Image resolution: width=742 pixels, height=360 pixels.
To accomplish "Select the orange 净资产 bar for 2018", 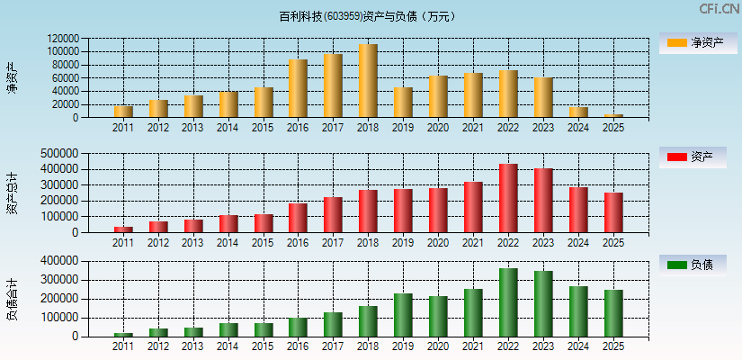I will click(x=368, y=81).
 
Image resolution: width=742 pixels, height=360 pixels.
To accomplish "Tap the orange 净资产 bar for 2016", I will click(x=298, y=88).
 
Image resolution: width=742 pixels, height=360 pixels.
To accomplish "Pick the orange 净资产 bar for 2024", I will click(x=578, y=112).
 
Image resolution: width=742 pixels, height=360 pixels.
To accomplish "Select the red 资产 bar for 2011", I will click(x=123, y=229).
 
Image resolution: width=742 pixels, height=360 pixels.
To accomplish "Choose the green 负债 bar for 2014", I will click(x=228, y=329).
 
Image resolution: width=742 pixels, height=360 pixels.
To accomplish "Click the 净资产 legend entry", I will click(x=692, y=42).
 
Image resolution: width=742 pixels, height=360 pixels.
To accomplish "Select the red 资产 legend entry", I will click(x=692, y=157).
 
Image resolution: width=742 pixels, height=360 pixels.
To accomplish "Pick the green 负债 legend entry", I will click(x=692, y=265).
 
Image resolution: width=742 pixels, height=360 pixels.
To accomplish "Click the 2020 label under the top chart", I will click(x=438, y=128).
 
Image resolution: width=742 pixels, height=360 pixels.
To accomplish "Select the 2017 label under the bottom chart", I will click(x=333, y=346).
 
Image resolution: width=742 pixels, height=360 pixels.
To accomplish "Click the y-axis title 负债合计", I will click(x=12, y=299).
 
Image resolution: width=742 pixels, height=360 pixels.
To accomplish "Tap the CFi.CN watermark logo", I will click(x=719, y=9).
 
